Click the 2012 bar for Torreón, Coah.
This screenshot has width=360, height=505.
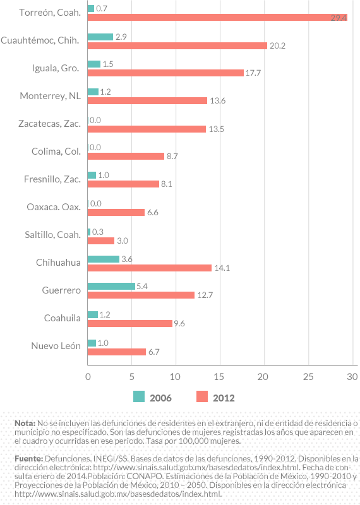pos(217,18)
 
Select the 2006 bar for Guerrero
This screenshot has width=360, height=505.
pos(111,286)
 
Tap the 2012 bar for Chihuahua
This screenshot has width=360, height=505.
pos(149,268)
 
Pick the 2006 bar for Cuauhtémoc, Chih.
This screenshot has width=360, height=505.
pos(100,37)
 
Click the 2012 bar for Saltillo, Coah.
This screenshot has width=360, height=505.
pos(100,241)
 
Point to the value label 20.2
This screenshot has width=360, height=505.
pos(278,45)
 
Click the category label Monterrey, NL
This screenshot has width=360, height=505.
pos(50,96)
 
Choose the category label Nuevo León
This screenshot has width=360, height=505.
pos(56,346)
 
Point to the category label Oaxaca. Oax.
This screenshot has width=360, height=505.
pos(54,207)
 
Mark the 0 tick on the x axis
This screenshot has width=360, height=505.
pos(88,377)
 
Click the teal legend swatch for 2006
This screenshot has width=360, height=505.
pos(139,397)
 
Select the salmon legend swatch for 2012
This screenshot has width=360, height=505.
pos(202,397)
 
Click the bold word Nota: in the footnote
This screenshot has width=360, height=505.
pos(25,422)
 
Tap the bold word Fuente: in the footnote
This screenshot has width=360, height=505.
pos(28,458)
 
